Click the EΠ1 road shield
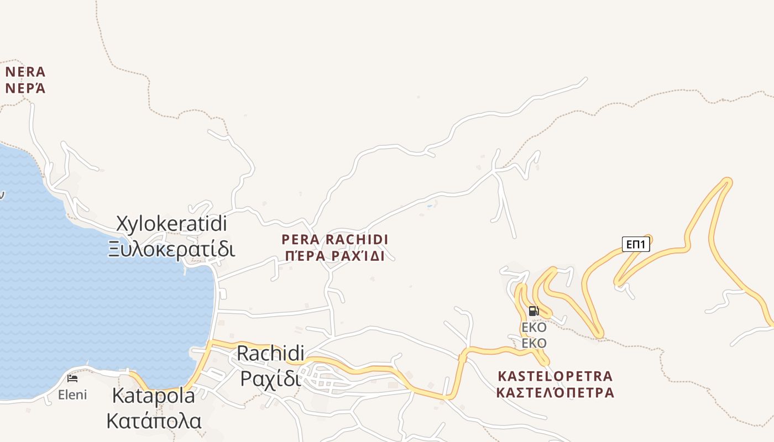636,244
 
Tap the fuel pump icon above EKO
534,311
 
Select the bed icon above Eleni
72,378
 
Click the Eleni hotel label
72,395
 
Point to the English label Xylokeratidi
172,224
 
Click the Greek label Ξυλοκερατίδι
172,249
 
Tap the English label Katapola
154,396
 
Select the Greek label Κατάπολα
154,421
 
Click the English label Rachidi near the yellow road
271,353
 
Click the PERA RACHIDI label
334,240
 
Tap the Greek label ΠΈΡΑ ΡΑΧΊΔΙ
334,256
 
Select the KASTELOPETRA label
555,376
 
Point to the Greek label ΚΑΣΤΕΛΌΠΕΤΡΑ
555,393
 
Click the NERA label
25,72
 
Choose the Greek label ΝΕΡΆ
25,88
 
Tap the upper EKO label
534,328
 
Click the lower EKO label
534,344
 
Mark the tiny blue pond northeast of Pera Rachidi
430,206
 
